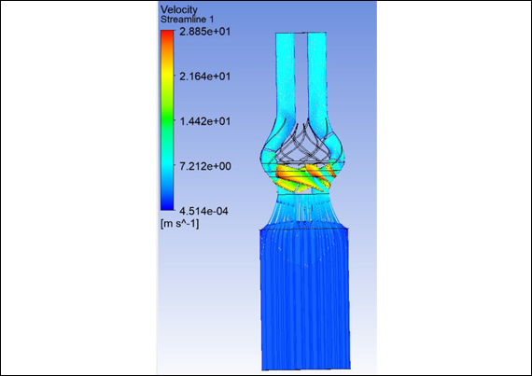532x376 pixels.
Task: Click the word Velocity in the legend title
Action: tap(178, 10)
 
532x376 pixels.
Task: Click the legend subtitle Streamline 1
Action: tap(187, 20)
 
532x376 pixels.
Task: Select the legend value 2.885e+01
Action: tap(205, 32)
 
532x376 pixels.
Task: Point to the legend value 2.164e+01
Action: tap(205, 77)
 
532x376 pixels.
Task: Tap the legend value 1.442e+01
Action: tap(205, 121)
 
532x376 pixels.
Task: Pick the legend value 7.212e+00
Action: tap(205, 166)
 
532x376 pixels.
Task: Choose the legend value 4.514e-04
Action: tap(203, 211)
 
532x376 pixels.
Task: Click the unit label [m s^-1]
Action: tap(179, 223)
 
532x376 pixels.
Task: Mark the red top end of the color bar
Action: tap(167, 33)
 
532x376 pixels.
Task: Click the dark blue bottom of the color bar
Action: tap(167, 206)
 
